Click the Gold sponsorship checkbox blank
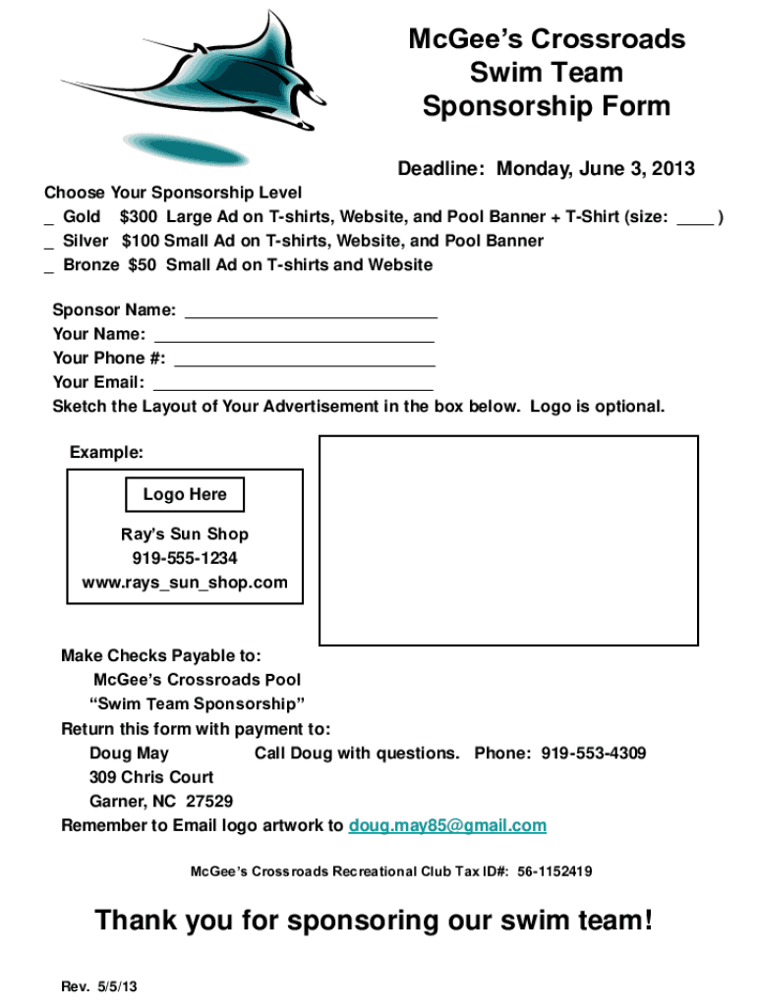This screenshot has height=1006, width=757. (48, 218)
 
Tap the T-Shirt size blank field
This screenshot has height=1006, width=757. (695, 218)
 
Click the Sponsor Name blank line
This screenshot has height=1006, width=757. (311, 312)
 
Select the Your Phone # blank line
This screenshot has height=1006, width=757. (304, 360)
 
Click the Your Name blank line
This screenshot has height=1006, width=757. (293, 336)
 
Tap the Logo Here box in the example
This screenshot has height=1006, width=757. (185, 495)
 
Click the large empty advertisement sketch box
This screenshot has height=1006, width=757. (508, 540)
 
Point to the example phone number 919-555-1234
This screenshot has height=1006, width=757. (185, 559)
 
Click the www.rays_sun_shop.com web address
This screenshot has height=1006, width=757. (185, 583)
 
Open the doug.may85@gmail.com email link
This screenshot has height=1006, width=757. (447, 825)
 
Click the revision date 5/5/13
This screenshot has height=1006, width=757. (116, 986)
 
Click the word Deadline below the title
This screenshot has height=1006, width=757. (440, 169)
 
